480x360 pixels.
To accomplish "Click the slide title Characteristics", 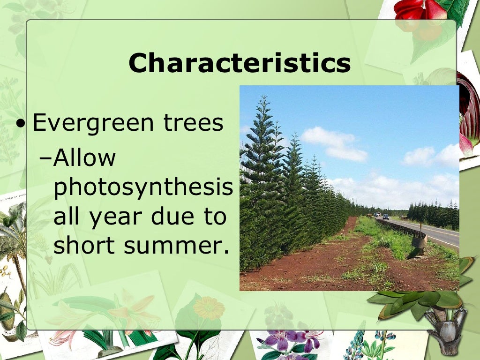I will (x=240, y=63).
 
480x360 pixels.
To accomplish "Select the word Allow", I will (x=85, y=158).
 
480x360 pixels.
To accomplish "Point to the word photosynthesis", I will (x=143, y=188).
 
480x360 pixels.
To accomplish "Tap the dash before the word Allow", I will (x=45, y=159).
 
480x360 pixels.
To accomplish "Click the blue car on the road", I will (x=385, y=217).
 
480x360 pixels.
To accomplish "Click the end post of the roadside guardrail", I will (x=419, y=241).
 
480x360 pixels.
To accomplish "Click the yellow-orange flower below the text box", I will (x=209, y=308).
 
